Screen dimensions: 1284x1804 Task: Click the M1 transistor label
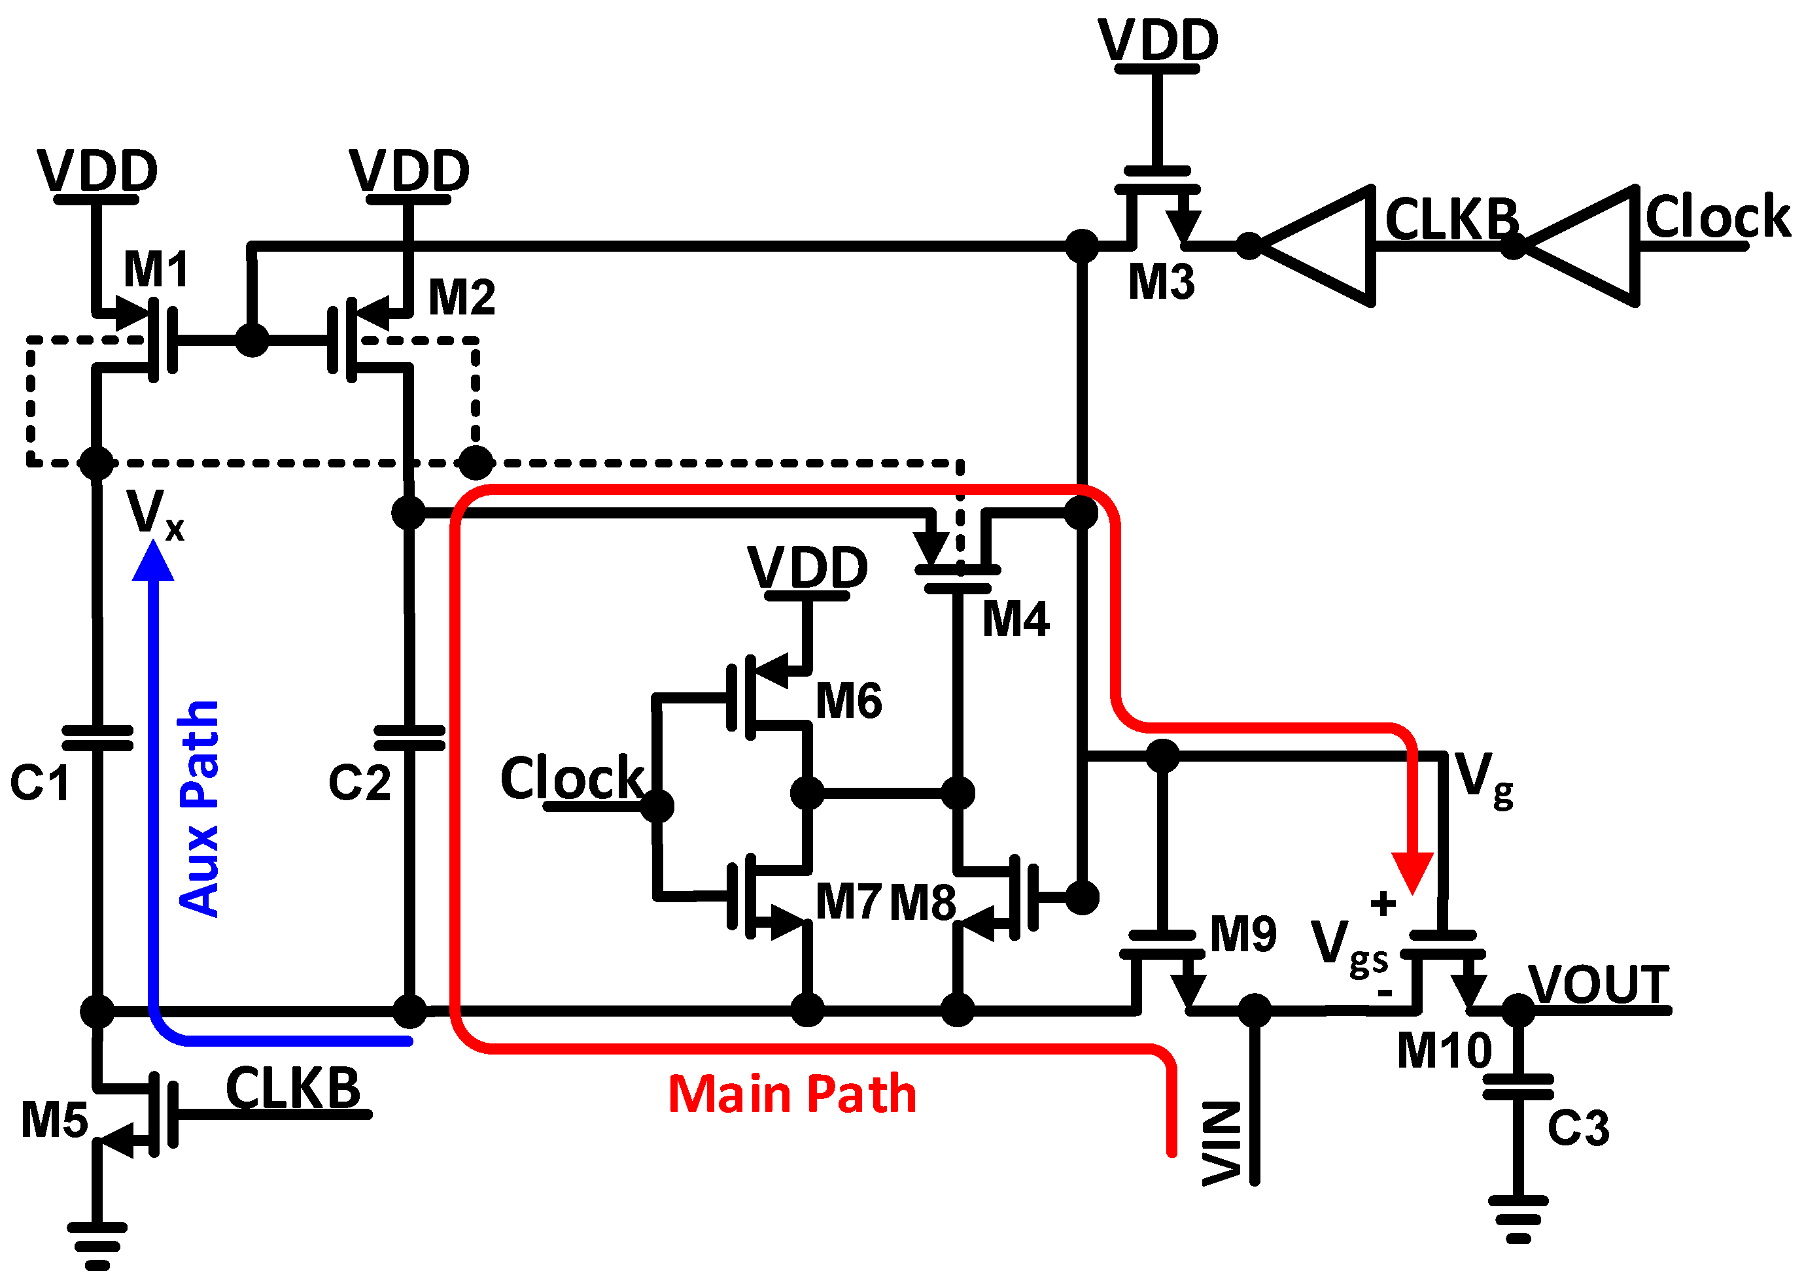point(156,269)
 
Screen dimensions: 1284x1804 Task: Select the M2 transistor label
point(461,298)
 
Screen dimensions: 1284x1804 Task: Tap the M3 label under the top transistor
point(1160,282)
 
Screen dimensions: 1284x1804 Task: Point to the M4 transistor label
point(1016,619)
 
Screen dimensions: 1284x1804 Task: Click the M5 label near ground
point(54,1121)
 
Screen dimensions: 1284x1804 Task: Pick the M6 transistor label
point(848,700)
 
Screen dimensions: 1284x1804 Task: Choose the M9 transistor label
point(1243,934)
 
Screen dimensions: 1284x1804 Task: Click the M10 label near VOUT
point(1444,1051)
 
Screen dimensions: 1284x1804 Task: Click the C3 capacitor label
point(1578,1128)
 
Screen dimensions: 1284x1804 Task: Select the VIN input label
point(1221,1143)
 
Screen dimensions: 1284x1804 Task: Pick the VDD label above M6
point(808,567)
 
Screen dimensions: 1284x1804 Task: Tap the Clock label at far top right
point(1717,216)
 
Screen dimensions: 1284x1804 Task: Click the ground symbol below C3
point(1518,1221)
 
